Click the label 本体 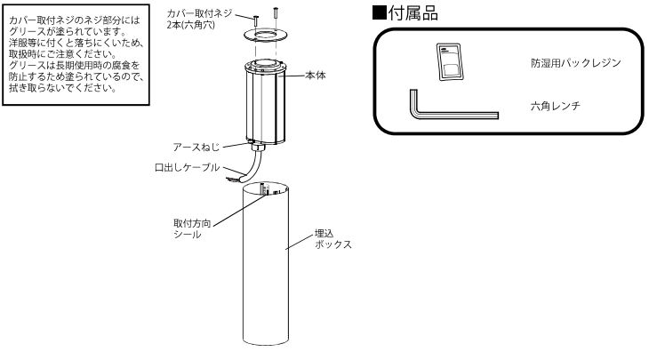tap(314, 76)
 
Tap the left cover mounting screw tap(255, 20)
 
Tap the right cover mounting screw tap(276, 13)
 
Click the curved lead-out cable tap(255, 165)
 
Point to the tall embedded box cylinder tap(267, 267)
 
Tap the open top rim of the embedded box tap(267, 189)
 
